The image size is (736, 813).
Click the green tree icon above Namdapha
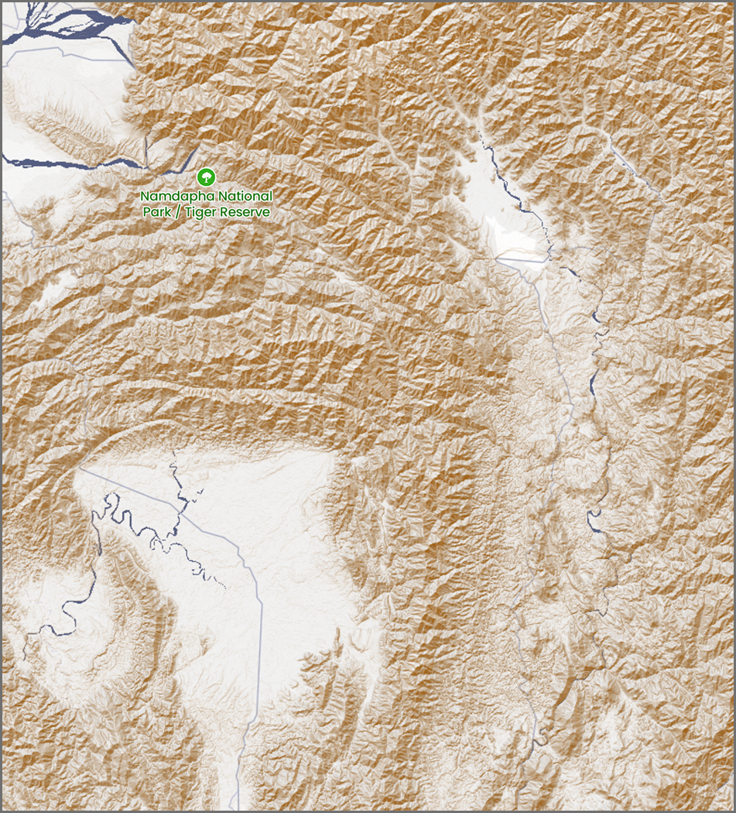206,176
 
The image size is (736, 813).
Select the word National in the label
245,197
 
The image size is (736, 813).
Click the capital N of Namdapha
145,197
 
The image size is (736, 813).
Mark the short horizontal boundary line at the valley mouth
520,261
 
